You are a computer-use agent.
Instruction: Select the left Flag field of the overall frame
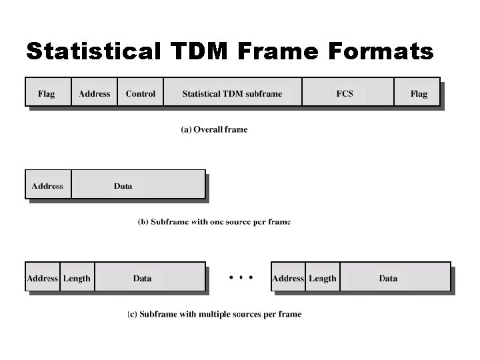point(47,93)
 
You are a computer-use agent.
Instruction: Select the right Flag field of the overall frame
point(419,93)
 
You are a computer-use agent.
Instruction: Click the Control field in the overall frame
point(141,93)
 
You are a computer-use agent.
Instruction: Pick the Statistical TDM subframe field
point(232,93)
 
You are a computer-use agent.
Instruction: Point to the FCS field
point(345,93)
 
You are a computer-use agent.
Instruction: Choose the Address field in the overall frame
point(95,93)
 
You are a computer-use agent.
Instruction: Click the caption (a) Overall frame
point(214,129)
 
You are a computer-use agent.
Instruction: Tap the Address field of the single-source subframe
point(47,186)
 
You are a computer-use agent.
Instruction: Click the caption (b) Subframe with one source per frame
point(214,222)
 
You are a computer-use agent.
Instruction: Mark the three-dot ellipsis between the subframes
point(241,277)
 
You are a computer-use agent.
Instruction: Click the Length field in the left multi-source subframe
point(77,278)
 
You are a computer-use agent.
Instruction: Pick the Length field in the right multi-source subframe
point(323,278)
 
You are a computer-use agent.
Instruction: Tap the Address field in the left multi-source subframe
point(42,278)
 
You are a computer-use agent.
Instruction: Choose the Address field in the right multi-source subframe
point(288,278)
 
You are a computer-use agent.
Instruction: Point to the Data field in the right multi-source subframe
point(389,278)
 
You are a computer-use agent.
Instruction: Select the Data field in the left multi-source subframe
point(143,278)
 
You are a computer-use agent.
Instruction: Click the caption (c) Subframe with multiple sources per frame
point(214,314)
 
